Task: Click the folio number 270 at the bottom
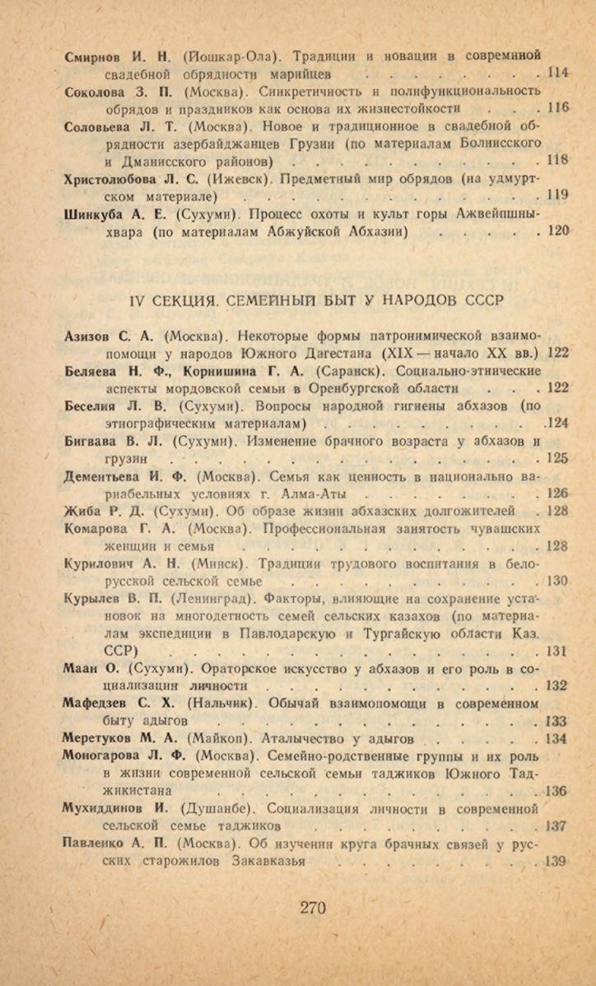pyautogui.click(x=313, y=908)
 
